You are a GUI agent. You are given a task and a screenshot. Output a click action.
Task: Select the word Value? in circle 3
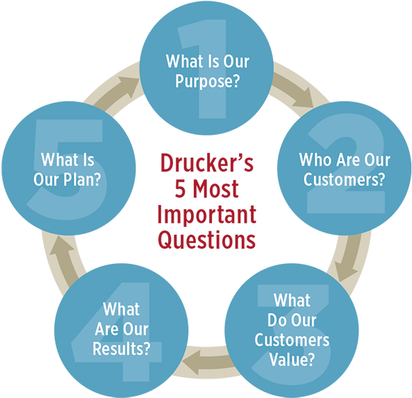coord(291,360)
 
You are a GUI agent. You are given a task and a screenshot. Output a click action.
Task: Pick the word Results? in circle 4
coord(122,348)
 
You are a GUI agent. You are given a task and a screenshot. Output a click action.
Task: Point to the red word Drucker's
coord(206,165)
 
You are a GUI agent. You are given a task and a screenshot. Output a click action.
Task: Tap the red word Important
coord(206,215)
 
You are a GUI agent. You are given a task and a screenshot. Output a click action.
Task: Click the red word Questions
coord(206,240)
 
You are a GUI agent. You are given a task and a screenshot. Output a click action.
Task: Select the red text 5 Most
coord(206,190)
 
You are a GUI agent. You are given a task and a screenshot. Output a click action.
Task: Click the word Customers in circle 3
coord(291,340)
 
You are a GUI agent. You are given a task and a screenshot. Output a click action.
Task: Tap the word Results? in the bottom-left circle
coord(122,348)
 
